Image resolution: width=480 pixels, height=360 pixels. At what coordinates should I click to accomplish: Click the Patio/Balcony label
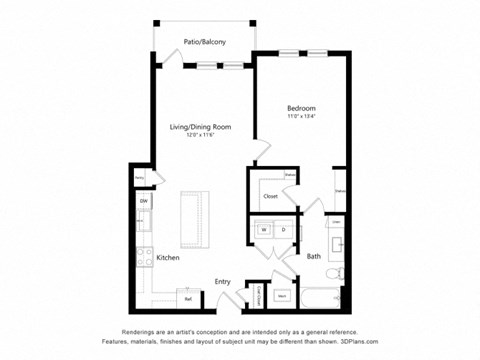point(204,42)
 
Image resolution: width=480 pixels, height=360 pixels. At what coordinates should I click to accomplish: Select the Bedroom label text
point(301,107)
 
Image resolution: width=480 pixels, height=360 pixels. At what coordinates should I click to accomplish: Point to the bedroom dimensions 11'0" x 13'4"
point(301,116)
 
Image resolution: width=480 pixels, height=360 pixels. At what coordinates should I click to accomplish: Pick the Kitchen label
point(168,257)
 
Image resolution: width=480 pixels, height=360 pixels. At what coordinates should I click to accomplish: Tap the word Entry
point(223,281)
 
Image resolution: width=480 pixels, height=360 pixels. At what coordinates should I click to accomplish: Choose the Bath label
point(313,257)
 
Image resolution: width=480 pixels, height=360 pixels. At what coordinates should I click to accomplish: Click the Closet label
point(271,196)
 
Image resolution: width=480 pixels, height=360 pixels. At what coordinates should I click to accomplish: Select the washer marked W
point(265,229)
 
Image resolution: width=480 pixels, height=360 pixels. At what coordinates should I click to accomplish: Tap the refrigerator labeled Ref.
point(187,297)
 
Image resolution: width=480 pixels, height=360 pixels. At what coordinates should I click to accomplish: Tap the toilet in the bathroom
point(340,272)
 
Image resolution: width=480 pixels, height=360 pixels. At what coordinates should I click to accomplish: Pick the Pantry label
point(141,178)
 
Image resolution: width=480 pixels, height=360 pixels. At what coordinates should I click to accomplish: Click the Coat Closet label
point(257,294)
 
